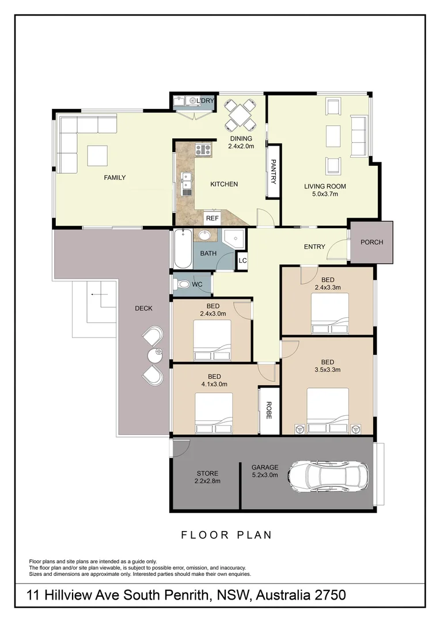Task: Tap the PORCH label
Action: pyautogui.click(x=371, y=242)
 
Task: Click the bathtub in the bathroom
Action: pyautogui.click(x=183, y=249)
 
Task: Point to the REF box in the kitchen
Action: pyautogui.click(x=213, y=218)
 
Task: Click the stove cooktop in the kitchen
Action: pyautogui.click(x=203, y=150)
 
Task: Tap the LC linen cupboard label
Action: pyautogui.click(x=242, y=261)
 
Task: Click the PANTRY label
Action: pyautogui.click(x=274, y=172)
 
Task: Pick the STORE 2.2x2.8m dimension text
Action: pyautogui.click(x=207, y=481)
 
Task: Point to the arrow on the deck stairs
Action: pyautogui.click(x=99, y=295)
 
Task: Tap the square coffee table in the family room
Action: pyautogui.click(x=97, y=155)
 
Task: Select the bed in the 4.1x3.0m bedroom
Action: pyautogui.click(x=214, y=413)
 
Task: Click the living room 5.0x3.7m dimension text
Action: pyautogui.click(x=321, y=194)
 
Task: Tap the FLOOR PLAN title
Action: pyautogui.click(x=226, y=535)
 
